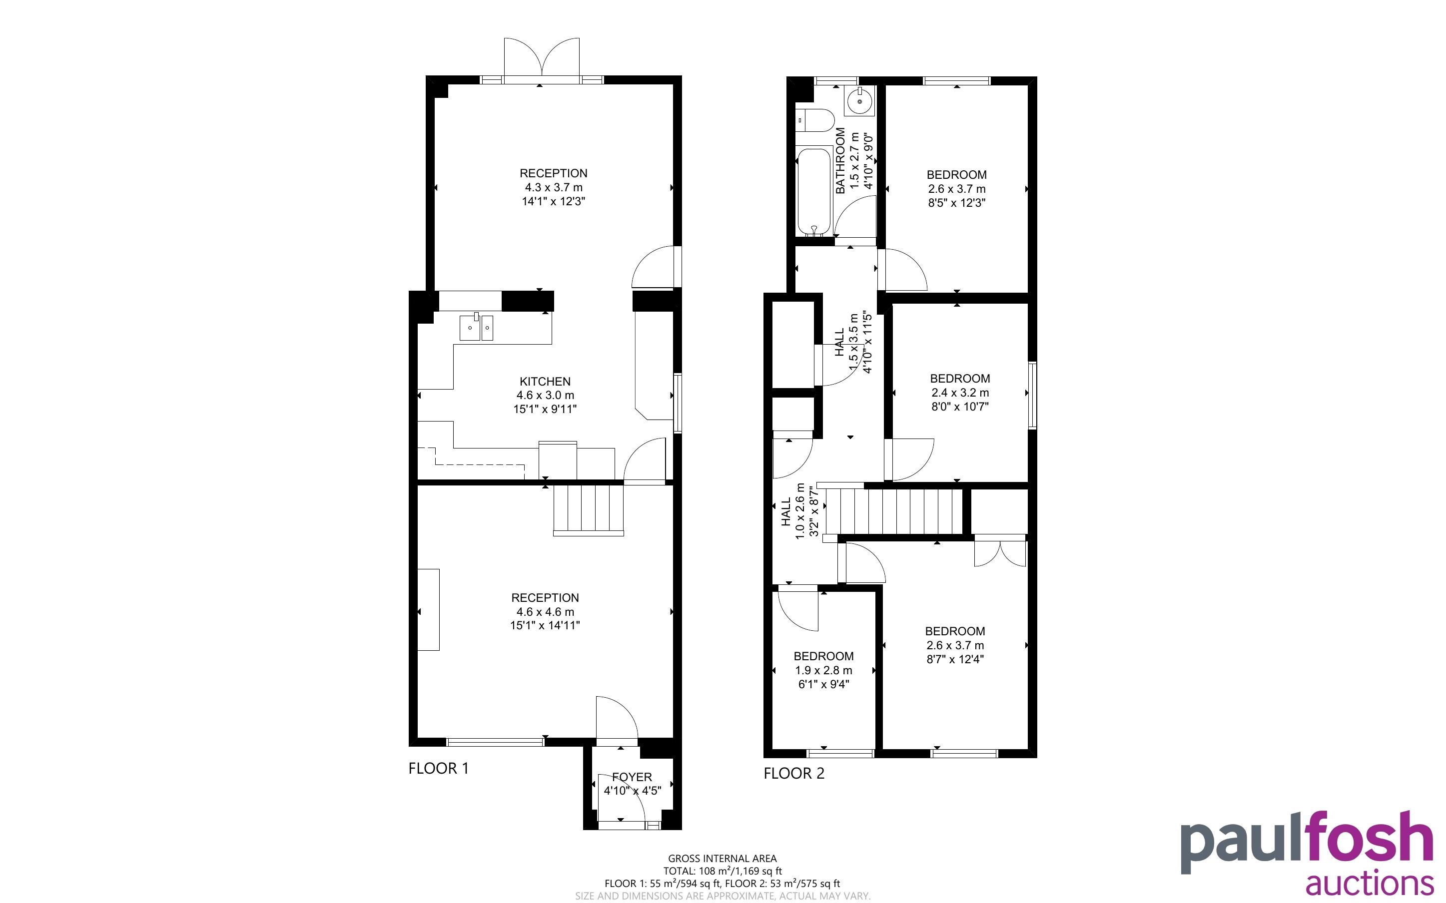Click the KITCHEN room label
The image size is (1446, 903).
click(x=545, y=381)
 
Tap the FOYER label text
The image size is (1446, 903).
click(x=632, y=777)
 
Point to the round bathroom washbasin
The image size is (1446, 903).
click(x=859, y=101)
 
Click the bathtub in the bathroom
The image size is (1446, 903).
click(x=814, y=191)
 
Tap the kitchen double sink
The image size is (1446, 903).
click(x=476, y=327)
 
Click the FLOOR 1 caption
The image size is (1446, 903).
click(x=438, y=768)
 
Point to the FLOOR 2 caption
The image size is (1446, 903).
click(x=794, y=774)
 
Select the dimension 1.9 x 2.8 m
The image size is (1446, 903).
click(x=823, y=670)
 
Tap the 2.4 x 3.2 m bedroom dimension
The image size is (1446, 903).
click(x=960, y=393)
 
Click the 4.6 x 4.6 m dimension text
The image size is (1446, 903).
click(x=545, y=611)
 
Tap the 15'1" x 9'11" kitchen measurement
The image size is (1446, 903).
click(x=545, y=409)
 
